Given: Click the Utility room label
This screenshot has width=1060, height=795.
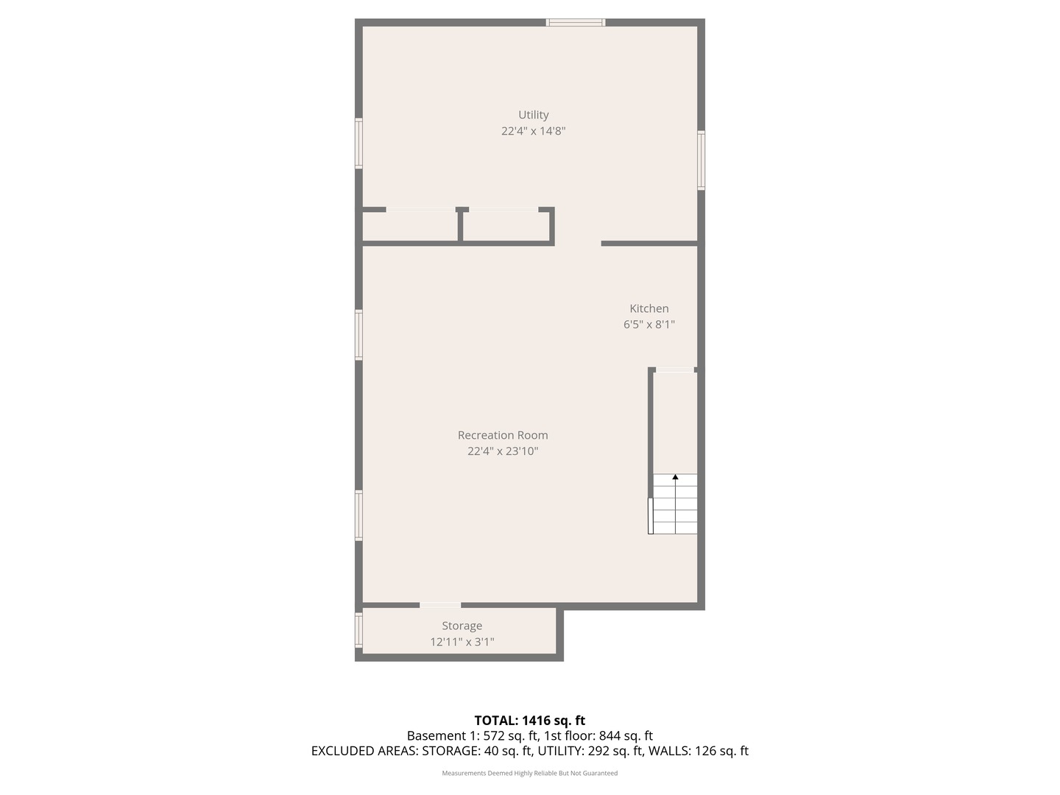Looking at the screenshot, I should (x=533, y=115).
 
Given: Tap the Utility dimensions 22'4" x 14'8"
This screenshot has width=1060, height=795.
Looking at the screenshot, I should (x=533, y=131).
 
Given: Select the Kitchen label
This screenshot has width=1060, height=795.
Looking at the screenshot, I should (x=649, y=308).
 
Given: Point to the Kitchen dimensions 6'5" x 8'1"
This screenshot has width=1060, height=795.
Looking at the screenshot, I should (x=649, y=325).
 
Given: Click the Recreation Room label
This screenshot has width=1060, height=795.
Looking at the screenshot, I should (x=503, y=435).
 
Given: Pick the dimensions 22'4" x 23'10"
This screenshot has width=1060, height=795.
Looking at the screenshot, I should (x=503, y=451).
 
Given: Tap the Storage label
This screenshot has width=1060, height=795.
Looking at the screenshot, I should (x=462, y=626).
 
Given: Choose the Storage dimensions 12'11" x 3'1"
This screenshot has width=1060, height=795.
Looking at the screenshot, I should (x=462, y=642).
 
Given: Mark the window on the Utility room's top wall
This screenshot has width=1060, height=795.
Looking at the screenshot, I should (x=576, y=23).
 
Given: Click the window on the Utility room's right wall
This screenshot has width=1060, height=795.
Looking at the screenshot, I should (x=702, y=160).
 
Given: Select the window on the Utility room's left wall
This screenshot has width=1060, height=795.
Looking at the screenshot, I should (x=358, y=144).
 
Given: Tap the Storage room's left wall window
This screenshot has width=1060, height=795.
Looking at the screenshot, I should (x=358, y=630).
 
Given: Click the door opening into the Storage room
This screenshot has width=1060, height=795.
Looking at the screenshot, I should (x=440, y=606).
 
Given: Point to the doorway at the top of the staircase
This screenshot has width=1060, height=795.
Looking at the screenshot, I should (x=674, y=370).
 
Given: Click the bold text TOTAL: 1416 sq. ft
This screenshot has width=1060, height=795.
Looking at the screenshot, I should (x=529, y=721).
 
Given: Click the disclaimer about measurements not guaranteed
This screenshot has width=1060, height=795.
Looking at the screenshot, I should (x=529, y=773).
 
